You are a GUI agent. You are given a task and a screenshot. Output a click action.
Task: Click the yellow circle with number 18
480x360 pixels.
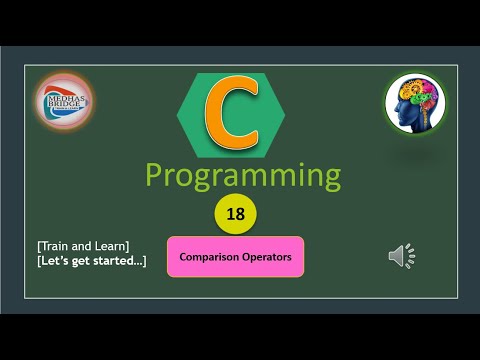click(236, 213)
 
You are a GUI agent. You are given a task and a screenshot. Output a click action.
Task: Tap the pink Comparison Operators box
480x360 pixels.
click(235, 256)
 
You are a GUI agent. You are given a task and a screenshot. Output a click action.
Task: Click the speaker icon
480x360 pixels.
click(401, 256)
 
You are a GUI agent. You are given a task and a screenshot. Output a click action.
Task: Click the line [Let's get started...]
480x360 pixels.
click(90, 262)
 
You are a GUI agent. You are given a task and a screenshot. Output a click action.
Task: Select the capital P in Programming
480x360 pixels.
click(157, 175)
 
